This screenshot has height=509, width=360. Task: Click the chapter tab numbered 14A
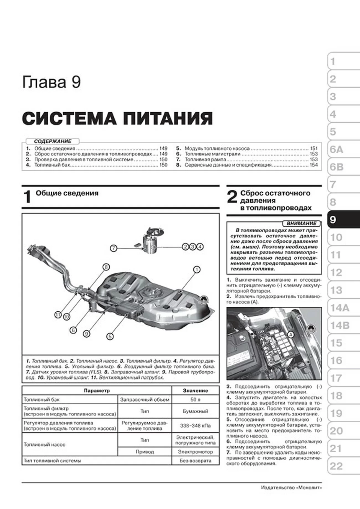(x=340, y=308)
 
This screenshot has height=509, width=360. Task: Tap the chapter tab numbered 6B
(x=337, y=167)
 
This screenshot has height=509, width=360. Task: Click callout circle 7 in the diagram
(x=113, y=248)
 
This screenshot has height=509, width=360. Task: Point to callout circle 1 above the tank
(x=197, y=270)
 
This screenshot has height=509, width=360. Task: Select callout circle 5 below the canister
(x=110, y=337)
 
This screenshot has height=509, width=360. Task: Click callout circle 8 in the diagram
(x=106, y=267)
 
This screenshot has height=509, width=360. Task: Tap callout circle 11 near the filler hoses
(x=58, y=315)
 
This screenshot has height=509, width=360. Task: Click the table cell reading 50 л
(x=195, y=400)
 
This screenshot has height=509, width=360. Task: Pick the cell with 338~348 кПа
(x=195, y=426)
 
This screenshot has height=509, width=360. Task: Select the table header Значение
(x=195, y=391)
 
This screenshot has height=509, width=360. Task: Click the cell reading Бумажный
(x=195, y=411)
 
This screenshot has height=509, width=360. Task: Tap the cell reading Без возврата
(x=195, y=461)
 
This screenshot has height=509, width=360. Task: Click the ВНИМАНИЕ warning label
(x=301, y=223)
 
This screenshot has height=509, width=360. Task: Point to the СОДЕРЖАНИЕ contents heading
(x=53, y=141)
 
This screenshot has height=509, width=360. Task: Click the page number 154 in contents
(x=313, y=165)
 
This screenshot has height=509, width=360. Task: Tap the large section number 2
(x=232, y=197)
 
